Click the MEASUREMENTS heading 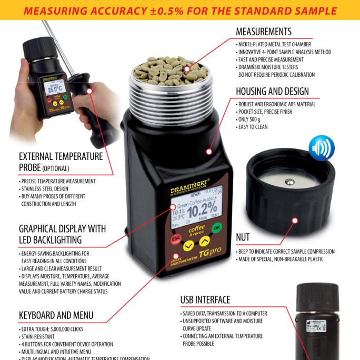[x=264, y=32]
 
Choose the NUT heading [x=243, y=237]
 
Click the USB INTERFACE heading [x=205, y=300]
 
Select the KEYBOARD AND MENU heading [x=56, y=315]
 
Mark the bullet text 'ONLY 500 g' [x=252, y=120]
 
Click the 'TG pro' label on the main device [x=209, y=252]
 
